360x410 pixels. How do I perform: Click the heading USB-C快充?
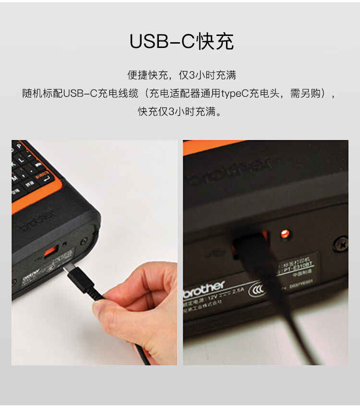(x=181, y=42)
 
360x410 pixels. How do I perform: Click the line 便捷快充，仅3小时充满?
(x=181, y=75)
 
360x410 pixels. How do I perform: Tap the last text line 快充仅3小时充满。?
(x=180, y=111)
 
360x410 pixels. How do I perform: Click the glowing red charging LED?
(x=284, y=234)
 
